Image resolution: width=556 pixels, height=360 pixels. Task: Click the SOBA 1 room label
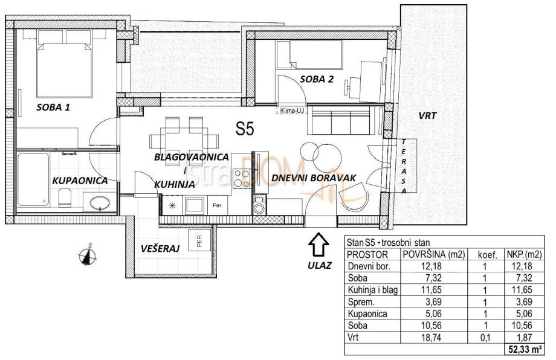pos(53,107)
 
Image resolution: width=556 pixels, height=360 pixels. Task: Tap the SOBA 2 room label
pos(317,79)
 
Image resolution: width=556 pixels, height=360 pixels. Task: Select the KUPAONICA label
pos(80,181)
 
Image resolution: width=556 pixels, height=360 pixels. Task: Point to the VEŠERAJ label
pos(160,248)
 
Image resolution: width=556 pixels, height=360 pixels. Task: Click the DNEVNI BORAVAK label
pos(314,178)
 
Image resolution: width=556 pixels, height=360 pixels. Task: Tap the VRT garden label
pos(427,115)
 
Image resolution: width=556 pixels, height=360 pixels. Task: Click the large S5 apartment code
pos(245,129)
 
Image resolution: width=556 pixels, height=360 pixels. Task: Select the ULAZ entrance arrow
pos(318,244)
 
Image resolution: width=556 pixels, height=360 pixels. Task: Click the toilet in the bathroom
pos(65,198)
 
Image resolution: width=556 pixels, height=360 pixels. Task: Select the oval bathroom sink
pos(100,204)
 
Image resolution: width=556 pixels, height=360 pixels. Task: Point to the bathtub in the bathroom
pos(33,179)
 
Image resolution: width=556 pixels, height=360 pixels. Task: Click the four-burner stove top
pos(242,178)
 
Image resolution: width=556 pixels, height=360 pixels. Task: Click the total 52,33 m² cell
pos(525,350)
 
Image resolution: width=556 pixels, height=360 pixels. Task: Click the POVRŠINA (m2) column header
pos(434,254)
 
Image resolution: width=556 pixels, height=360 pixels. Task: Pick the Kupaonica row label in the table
pos(367,314)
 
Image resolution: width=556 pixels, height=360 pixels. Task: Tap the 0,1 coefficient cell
pos(485,338)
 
